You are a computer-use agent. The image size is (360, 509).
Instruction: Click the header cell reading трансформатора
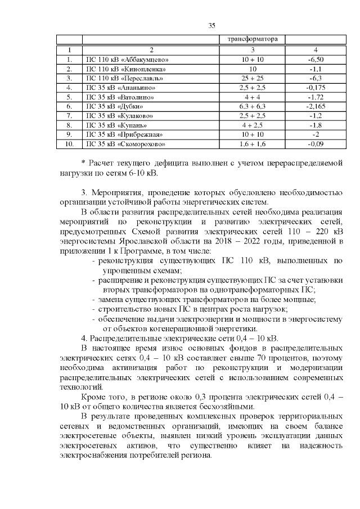click(253, 39)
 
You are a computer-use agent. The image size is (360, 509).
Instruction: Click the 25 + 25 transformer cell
click(253, 78)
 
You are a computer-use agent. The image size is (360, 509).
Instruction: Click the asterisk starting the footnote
click(83, 164)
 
